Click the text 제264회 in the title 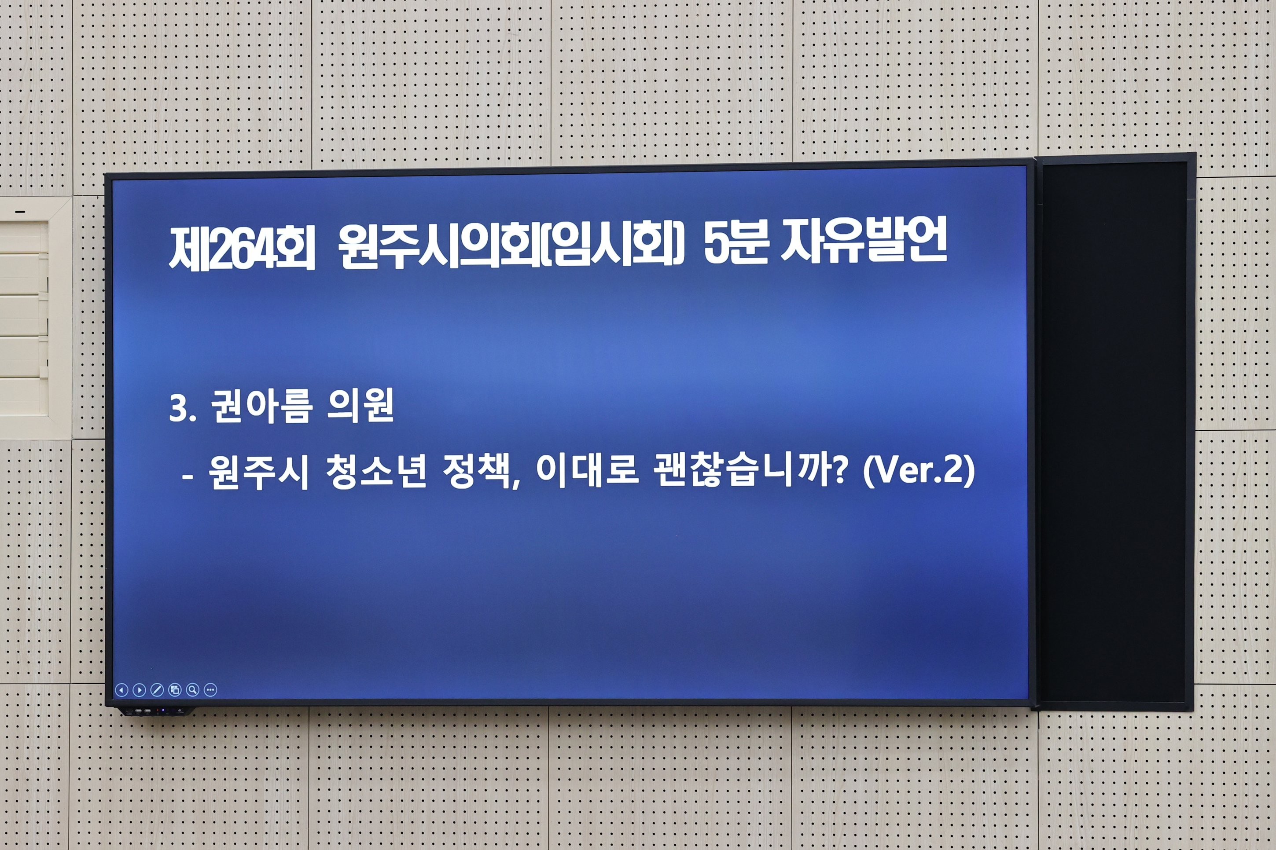click(241, 248)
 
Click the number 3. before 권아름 click(182, 409)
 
